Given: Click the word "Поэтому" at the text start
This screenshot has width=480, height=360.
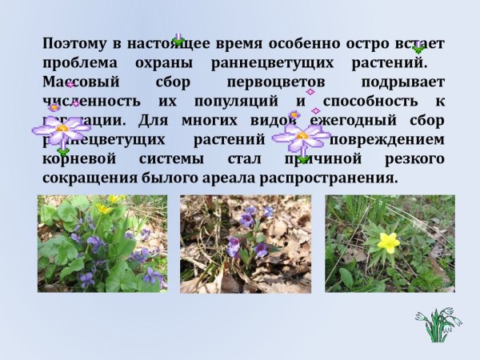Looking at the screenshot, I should (x=73, y=44).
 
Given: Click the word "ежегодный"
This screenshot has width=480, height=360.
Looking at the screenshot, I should (x=332, y=121).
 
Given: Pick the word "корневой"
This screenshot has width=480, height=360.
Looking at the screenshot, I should (x=79, y=158).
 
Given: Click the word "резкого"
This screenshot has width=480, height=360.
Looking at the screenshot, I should (x=414, y=158).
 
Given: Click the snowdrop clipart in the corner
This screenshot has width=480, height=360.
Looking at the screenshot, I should (x=438, y=325).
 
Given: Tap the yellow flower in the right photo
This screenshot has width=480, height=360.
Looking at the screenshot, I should (x=388, y=241).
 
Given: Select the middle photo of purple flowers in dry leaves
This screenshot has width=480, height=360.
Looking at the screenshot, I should (x=246, y=244).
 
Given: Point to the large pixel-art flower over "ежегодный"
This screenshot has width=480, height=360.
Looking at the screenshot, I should (x=302, y=136).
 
